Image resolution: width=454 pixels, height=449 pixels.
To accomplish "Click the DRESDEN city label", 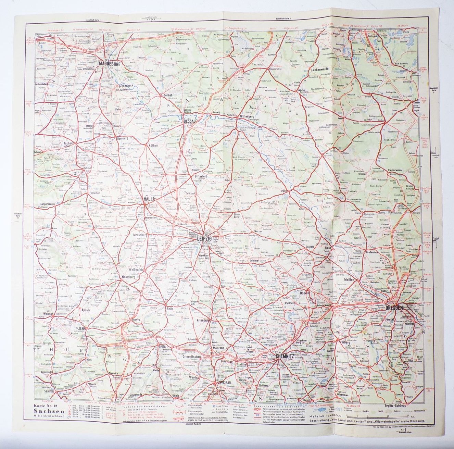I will click(394, 308).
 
